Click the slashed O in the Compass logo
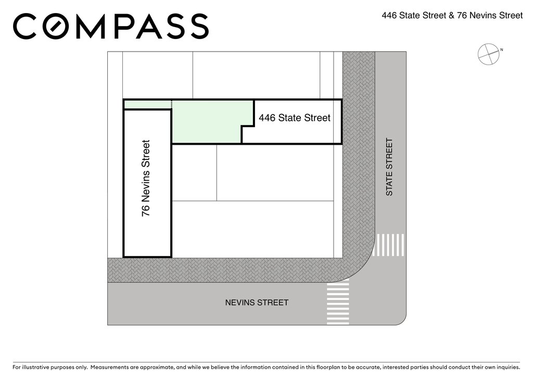click(58, 26)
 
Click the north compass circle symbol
click(488, 54)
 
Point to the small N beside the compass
click(502, 50)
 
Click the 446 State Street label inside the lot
click(295, 118)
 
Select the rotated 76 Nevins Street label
click(146, 178)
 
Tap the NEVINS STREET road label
click(257, 303)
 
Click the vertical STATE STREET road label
click(389, 167)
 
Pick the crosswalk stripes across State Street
click(388, 245)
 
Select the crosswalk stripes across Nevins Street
click(338, 301)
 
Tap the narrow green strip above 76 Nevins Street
click(147, 104)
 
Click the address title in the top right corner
click(452, 16)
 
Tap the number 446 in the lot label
click(267, 118)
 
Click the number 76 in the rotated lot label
click(146, 211)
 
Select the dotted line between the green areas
click(172, 104)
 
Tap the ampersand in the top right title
click(451, 16)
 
